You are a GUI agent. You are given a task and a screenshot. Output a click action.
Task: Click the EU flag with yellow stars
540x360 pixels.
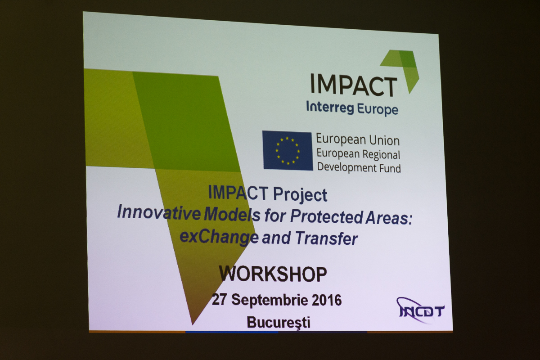point(288,151)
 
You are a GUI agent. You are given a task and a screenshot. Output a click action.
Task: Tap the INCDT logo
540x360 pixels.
point(421,310)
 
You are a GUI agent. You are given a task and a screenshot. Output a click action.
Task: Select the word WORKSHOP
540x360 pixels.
point(273,274)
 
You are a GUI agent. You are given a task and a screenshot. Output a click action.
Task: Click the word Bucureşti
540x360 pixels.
point(279,323)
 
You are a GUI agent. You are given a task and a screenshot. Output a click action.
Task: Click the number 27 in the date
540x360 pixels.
point(220,299)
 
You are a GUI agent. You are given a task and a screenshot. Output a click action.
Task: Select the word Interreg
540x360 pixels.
point(330,108)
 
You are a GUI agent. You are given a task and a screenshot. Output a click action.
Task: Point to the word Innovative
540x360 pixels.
point(159,213)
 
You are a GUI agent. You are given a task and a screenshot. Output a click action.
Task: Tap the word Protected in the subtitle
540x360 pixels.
point(326,216)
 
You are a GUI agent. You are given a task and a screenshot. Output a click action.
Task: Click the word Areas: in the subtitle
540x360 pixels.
point(389,218)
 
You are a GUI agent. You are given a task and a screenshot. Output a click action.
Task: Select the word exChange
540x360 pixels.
point(219,237)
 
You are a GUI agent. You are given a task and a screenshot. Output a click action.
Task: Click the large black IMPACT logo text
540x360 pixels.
point(353,85)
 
